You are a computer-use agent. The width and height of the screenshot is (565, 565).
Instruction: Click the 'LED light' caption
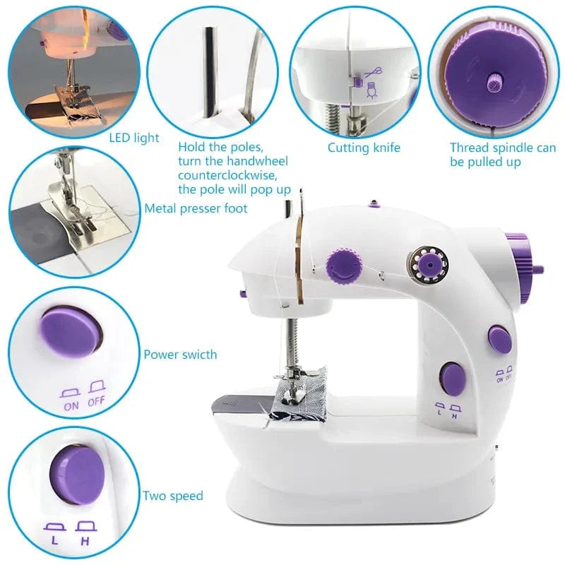point(133,138)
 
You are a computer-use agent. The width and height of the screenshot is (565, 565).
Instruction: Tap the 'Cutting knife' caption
point(364,148)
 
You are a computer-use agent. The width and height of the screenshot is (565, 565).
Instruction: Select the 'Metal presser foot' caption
point(196,208)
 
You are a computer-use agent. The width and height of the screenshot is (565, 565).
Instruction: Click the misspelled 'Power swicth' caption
point(180,355)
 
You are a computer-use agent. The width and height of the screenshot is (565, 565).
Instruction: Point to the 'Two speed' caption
point(173,496)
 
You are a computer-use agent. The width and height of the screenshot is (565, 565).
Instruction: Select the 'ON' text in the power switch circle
point(71,405)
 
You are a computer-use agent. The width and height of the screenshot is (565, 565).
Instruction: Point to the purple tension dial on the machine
point(343,265)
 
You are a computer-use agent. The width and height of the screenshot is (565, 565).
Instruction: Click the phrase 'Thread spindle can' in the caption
point(503,148)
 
